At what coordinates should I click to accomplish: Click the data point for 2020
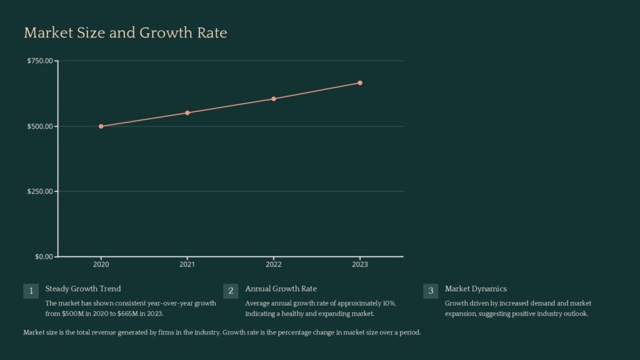pyautogui.click(x=101, y=126)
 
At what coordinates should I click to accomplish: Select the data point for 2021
pyautogui.click(x=187, y=112)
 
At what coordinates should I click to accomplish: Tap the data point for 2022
pyautogui.click(x=274, y=99)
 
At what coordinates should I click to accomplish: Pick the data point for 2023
pyautogui.click(x=360, y=82)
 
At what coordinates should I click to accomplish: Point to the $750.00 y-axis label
pyautogui.click(x=39, y=61)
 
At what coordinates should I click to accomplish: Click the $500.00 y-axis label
pyautogui.click(x=39, y=126)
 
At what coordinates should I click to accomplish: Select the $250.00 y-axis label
pyautogui.click(x=39, y=191)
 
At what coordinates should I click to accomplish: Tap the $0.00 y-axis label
pyautogui.click(x=42, y=256)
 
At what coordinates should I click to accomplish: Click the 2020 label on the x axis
pyautogui.click(x=101, y=265)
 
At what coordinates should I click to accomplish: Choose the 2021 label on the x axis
pyautogui.click(x=187, y=265)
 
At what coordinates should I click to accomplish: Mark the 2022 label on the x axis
pyautogui.click(x=274, y=265)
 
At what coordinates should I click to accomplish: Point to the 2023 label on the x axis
pyautogui.click(x=360, y=265)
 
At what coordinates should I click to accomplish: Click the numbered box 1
pyautogui.click(x=31, y=291)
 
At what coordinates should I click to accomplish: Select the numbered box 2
pyautogui.click(x=231, y=291)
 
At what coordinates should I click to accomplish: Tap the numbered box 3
pyautogui.click(x=431, y=291)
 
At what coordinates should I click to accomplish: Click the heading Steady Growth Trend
pyautogui.click(x=83, y=289)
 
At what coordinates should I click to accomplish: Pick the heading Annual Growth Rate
pyautogui.click(x=281, y=289)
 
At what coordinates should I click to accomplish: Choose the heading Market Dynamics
pyautogui.click(x=476, y=289)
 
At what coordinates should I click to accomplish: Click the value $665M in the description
pyautogui.click(x=127, y=314)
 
